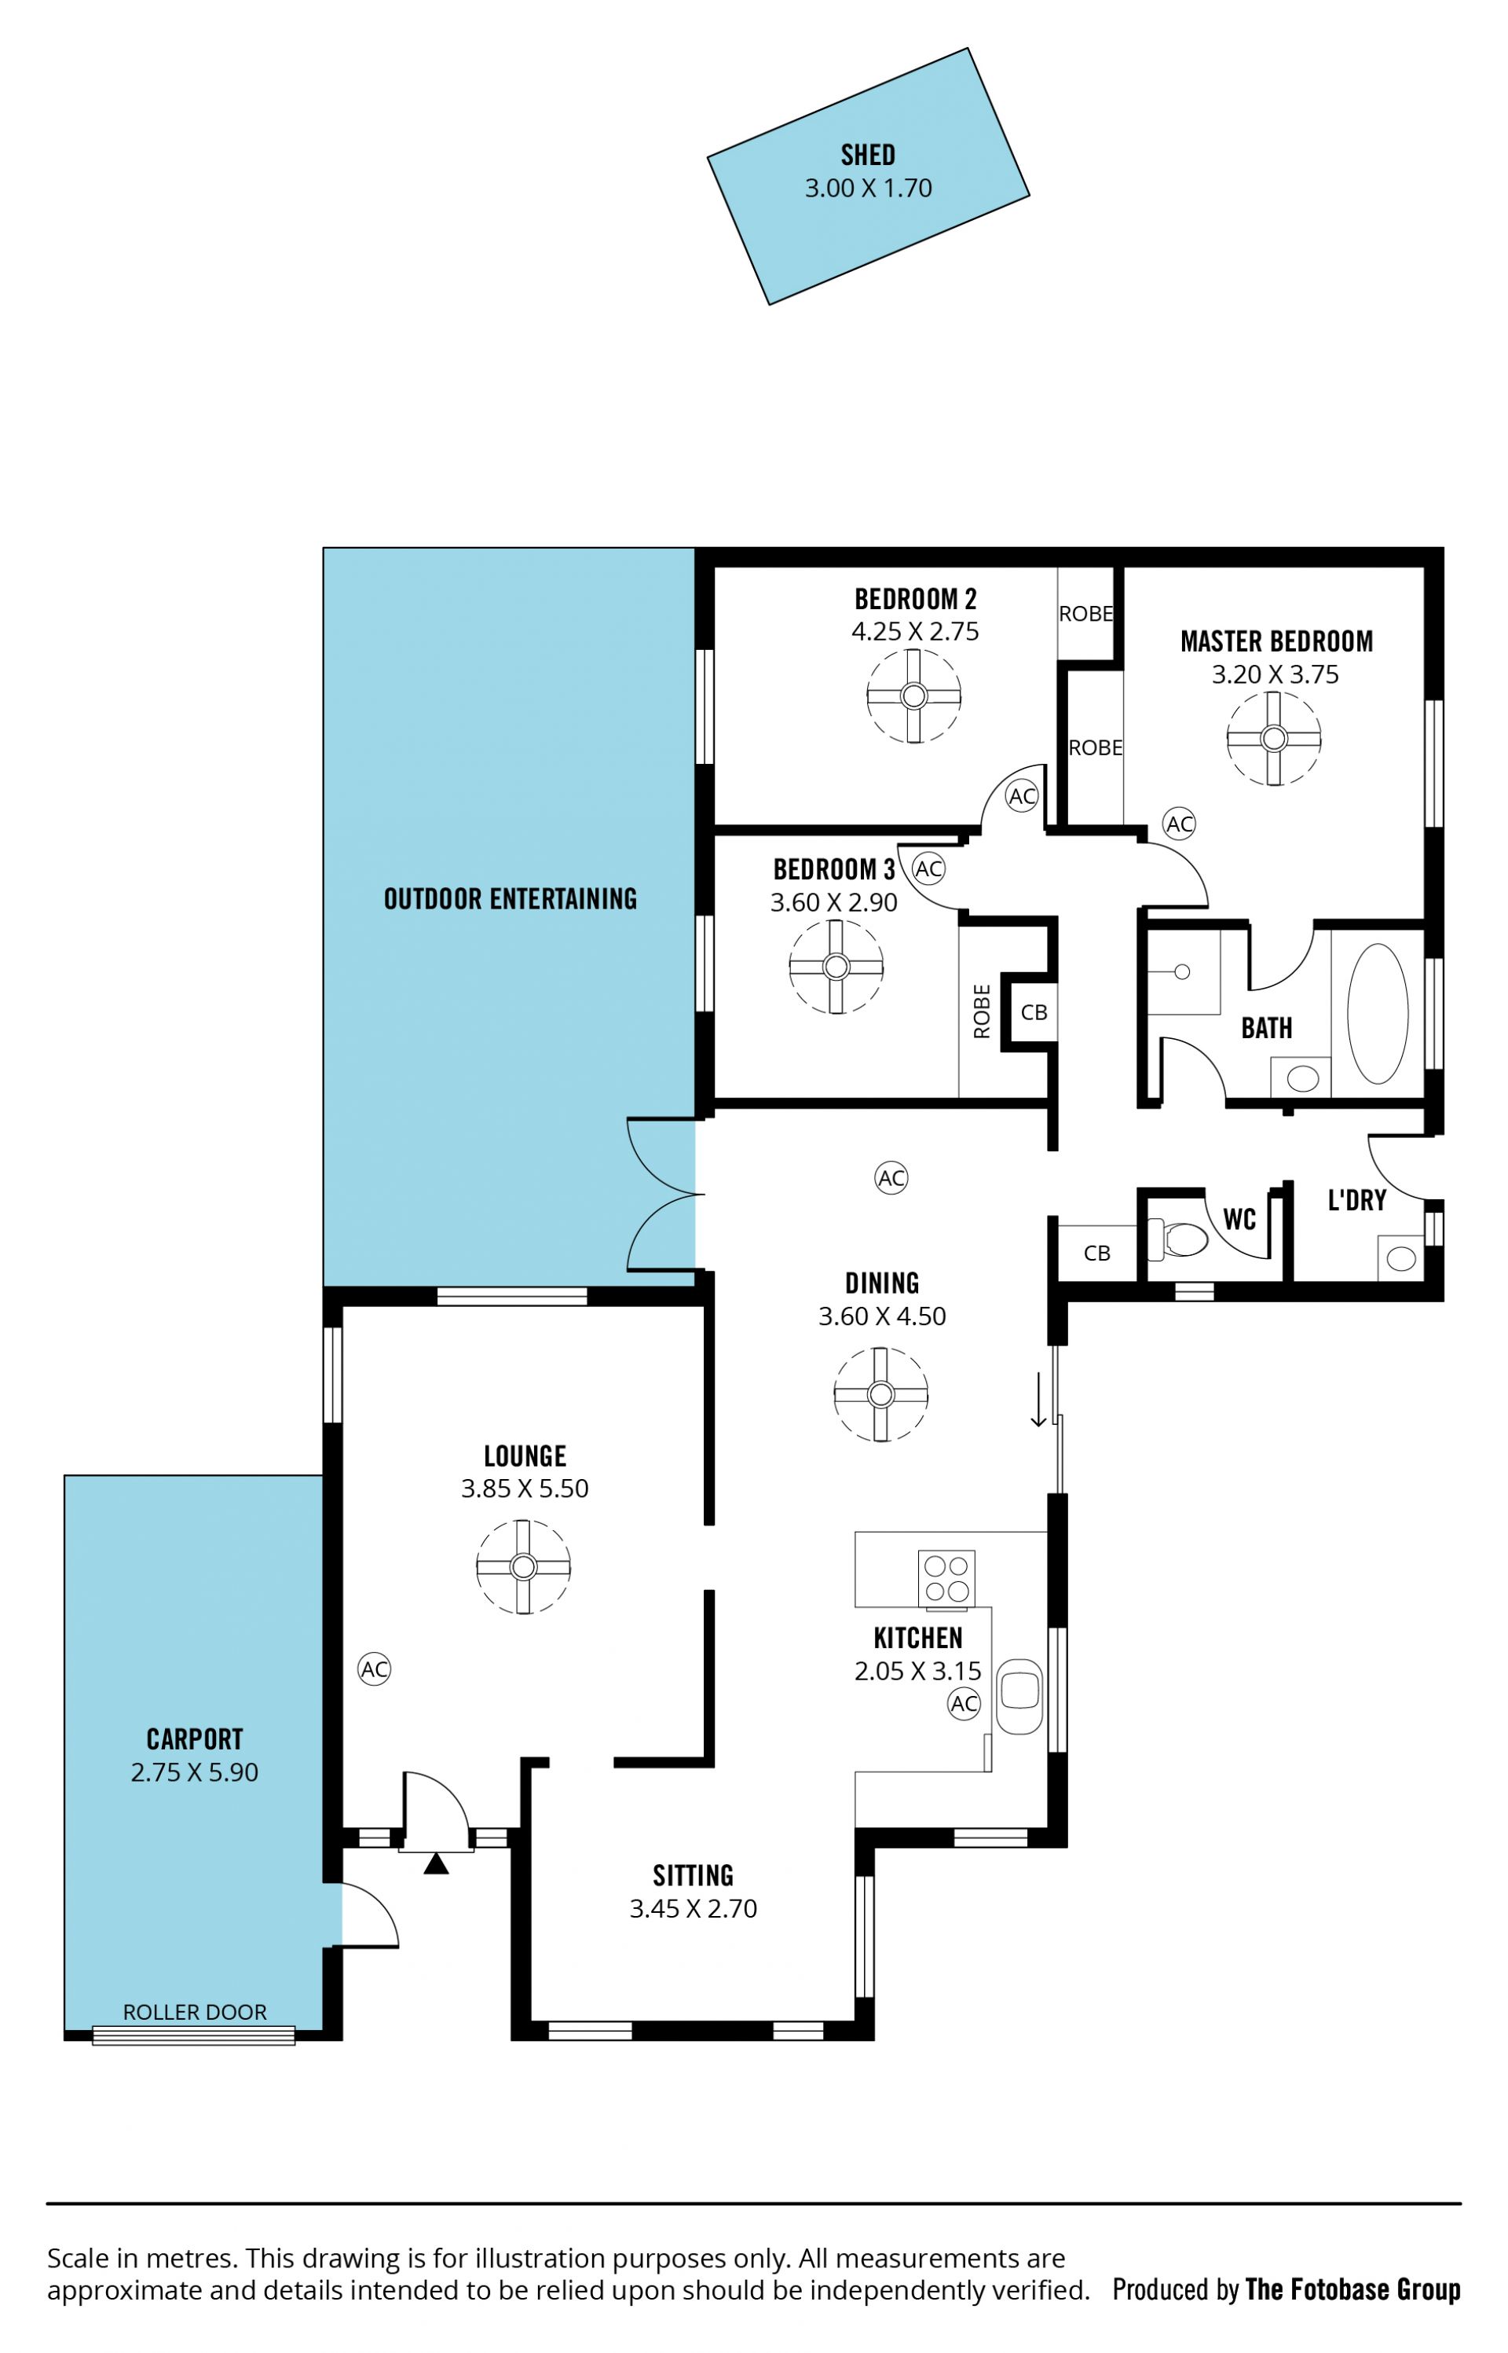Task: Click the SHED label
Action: pos(868,155)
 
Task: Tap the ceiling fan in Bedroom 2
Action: pos(913,696)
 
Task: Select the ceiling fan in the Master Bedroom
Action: pos(1273,738)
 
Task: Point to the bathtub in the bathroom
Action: pos(1377,1013)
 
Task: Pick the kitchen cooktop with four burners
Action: pos(946,1577)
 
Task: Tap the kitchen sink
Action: pos(1019,1696)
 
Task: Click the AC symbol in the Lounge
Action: pos(374,1668)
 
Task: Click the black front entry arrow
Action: pos(436,1863)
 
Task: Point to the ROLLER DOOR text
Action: pos(195,2011)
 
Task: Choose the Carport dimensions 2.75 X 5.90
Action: pos(195,1771)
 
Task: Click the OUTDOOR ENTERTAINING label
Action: pos(511,898)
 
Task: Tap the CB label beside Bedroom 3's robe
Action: pos(1034,1012)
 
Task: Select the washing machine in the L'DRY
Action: pos(1400,1257)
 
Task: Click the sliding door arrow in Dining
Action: pos(1038,1400)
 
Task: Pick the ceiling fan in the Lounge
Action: pos(523,1566)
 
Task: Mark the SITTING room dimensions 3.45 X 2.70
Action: pos(694,1907)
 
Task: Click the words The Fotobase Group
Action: pos(1352,2289)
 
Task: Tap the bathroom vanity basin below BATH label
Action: pos(1302,1078)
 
